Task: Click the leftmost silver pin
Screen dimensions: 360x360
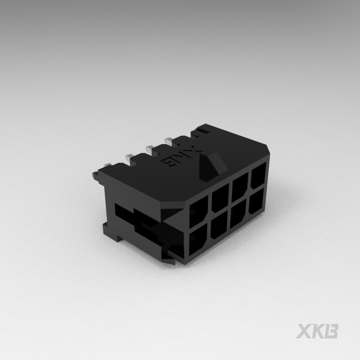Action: click(107, 166)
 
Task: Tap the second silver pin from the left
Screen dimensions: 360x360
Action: click(129, 156)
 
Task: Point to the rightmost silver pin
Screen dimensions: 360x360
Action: click(168, 140)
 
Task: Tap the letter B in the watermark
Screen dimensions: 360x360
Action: click(332, 331)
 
